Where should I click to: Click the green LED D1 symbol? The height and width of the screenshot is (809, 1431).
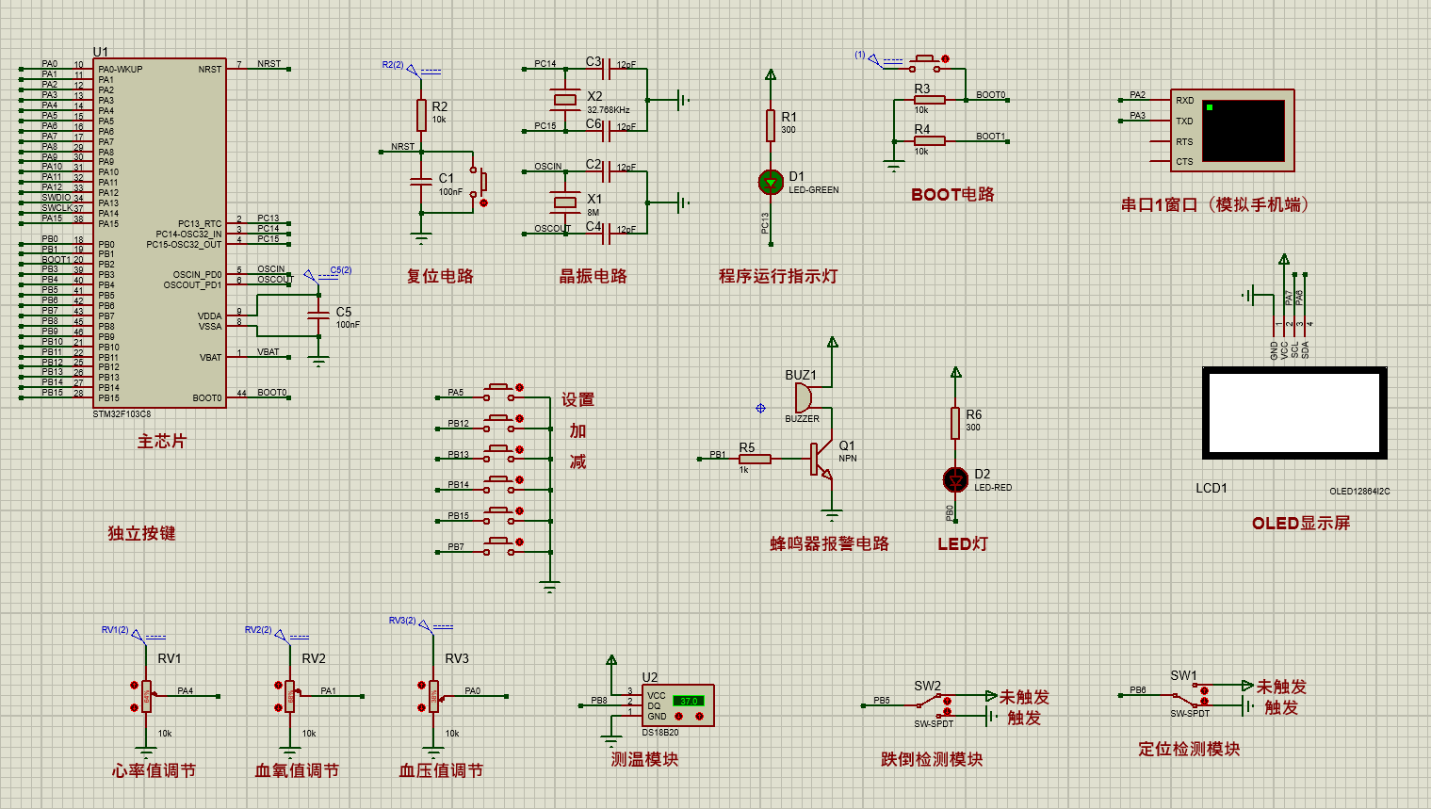[x=771, y=182]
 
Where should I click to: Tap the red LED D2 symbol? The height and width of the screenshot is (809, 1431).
[x=955, y=479]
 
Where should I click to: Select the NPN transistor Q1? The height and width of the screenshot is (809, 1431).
[x=821, y=459]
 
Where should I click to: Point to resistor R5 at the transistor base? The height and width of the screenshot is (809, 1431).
[x=755, y=459]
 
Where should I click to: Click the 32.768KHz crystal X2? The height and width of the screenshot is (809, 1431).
[x=564, y=100]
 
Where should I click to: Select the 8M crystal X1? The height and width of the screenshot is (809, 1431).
[x=564, y=202]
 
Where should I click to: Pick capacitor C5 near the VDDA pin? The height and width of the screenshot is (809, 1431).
[x=319, y=316]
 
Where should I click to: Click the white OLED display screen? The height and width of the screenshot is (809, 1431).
[x=1294, y=413]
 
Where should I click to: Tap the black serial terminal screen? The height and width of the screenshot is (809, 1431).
[x=1244, y=131]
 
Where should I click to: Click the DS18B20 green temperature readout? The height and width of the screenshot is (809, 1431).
[x=689, y=701]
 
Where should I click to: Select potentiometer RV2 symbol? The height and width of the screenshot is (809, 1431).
[x=289, y=696]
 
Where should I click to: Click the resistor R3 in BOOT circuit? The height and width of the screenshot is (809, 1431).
[x=929, y=100]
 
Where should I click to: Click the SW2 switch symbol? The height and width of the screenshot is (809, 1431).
[x=933, y=703]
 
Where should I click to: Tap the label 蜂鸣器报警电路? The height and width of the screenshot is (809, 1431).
[x=829, y=543]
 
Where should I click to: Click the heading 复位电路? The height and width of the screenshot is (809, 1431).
[x=439, y=276]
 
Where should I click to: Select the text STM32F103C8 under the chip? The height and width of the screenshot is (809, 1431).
[x=122, y=414]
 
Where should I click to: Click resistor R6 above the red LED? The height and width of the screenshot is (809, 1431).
[x=955, y=423]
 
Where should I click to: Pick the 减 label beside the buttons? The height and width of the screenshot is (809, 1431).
[x=577, y=461]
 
